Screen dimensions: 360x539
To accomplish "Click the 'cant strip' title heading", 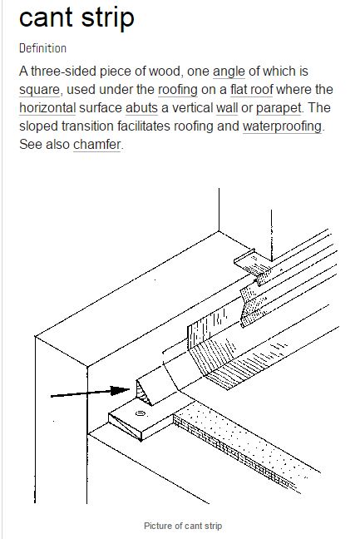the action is (76, 17).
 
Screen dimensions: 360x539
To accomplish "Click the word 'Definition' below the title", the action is (42, 48).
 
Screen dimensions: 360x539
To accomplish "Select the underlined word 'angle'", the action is (229, 72).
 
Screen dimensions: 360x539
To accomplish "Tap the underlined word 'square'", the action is (40, 90).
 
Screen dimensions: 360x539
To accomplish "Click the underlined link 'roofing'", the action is (178, 90).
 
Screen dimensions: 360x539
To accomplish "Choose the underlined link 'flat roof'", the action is (251, 89).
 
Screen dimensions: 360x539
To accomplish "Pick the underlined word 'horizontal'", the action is (47, 107).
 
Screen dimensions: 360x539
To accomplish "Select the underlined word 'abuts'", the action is (141, 107).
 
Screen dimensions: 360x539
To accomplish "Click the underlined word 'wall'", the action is (227, 107).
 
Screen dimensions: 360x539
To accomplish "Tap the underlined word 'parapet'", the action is (279, 108).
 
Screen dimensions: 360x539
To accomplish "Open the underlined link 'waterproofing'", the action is (283, 126).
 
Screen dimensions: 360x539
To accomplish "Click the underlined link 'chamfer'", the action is (97, 145).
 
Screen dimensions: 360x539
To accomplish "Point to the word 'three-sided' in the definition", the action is (63, 72).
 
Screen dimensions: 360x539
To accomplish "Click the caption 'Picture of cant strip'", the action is (183, 526).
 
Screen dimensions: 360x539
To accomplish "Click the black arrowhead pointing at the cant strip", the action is (121, 390).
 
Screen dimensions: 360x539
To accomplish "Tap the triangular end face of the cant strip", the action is (143, 393).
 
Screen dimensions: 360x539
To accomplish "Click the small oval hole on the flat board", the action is (141, 413).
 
